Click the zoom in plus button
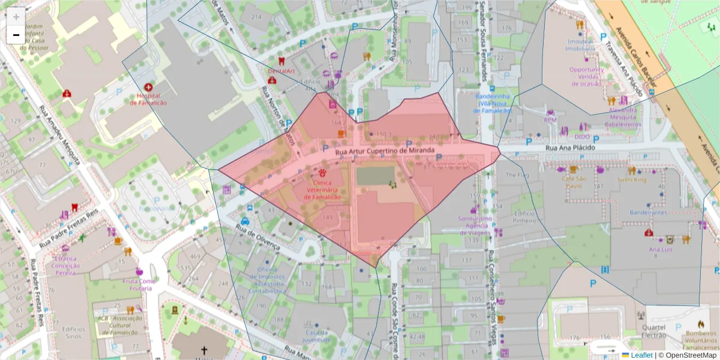tap(16, 17)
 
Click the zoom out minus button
tap(16, 35)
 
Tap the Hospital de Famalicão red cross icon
tap(148, 88)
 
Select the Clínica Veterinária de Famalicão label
tap(324, 190)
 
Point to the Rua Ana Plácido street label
tap(570, 147)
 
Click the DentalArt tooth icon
tap(281, 61)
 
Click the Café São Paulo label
tap(574, 182)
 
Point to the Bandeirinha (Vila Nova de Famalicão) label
tap(492, 103)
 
